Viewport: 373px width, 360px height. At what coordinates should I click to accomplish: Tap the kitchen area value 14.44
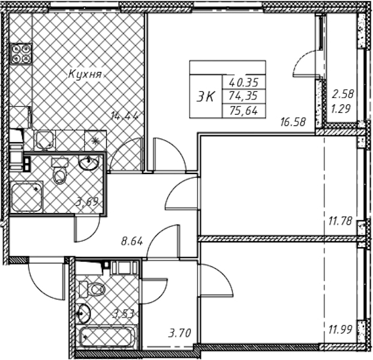pos(125,116)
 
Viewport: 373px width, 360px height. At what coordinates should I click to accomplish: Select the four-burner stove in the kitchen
pos(20,54)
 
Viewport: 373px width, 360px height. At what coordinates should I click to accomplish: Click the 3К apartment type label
pos(205,97)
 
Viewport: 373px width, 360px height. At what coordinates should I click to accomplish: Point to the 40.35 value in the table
pos(243,83)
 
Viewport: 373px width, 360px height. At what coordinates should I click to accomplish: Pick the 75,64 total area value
pos(243,110)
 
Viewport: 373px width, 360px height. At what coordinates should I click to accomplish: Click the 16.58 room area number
pos(293,122)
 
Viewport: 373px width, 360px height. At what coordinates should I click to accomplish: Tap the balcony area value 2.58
pos(343,94)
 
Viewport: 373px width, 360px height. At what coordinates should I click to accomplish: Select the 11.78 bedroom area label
pos(340,221)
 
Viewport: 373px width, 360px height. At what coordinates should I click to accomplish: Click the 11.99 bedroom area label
pos(340,330)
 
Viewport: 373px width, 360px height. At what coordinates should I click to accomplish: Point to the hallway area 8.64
pos(132,242)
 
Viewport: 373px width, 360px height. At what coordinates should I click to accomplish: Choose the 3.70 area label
pos(179,333)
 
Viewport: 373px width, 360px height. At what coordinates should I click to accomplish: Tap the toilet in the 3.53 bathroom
pos(92,289)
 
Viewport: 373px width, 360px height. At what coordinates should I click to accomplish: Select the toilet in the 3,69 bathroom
pos(59,172)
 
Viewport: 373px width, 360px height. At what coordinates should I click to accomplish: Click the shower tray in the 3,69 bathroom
pos(26,196)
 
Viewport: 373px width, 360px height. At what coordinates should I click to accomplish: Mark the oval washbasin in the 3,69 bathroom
pos(88,163)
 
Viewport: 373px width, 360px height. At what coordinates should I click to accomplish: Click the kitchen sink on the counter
pos(44,140)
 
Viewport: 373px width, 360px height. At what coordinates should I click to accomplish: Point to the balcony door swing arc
pos(305,63)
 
